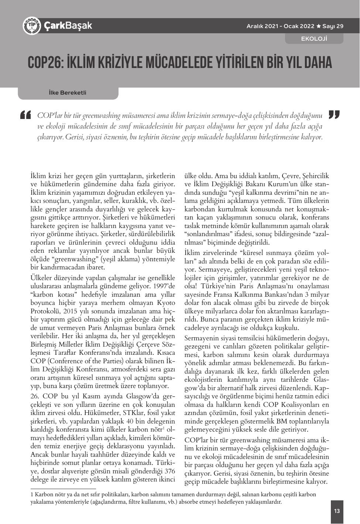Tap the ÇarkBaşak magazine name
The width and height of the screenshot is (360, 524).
tap(68, 25)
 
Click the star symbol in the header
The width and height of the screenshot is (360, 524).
tap(318, 26)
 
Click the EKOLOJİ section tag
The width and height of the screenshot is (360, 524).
tap(314, 38)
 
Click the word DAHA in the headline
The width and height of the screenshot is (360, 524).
tap(318, 63)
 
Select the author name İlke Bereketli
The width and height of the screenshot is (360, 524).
tap(68, 93)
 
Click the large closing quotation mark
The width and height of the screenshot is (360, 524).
tap(334, 115)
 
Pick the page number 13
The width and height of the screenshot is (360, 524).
tap(337, 511)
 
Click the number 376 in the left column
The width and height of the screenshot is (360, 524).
tap(169, 471)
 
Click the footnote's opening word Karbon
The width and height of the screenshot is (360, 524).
tap(44, 494)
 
